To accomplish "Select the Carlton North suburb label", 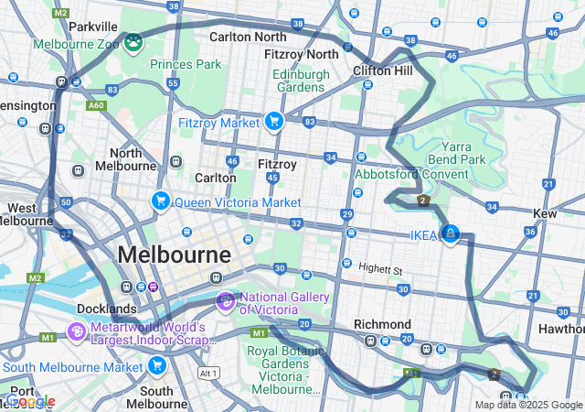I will click(x=247, y=37).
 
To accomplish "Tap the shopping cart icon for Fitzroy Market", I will click(x=273, y=122).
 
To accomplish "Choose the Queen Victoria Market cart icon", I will click(x=161, y=201).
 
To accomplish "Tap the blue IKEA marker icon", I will click(x=450, y=234).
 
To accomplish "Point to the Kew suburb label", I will click(x=545, y=213).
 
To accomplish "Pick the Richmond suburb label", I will click(x=382, y=324).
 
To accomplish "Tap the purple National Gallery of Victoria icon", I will click(x=225, y=300).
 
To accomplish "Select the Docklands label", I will click(x=108, y=309).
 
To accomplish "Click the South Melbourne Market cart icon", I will click(x=156, y=367).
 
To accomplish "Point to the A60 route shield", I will click(x=96, y=105).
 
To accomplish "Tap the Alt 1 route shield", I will click(x=209, y=374).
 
